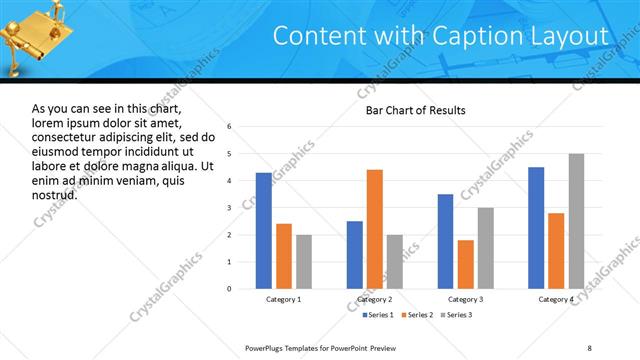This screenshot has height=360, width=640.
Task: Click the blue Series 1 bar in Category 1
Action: [263, 231]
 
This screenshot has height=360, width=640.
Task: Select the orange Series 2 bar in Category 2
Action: [375, 229]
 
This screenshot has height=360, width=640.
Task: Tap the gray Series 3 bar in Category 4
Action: [577, 221]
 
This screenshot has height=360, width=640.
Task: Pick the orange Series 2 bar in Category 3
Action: [465, 264]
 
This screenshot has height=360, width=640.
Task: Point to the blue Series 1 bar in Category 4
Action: [536, 228]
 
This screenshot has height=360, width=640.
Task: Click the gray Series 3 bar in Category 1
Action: [304, 262]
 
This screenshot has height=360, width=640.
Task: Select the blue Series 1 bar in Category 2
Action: [354, 255]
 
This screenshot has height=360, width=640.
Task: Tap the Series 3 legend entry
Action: [457, 315]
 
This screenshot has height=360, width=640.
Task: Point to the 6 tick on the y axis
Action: [230, 127]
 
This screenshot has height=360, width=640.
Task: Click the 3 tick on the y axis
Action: [230, 208]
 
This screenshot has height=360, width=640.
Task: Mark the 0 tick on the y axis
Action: [230, 289]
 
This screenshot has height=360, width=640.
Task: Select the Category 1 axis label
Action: [283, 299]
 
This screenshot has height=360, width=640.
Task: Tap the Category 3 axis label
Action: [465, 299]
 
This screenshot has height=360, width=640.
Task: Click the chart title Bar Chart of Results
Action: [415, 110]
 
